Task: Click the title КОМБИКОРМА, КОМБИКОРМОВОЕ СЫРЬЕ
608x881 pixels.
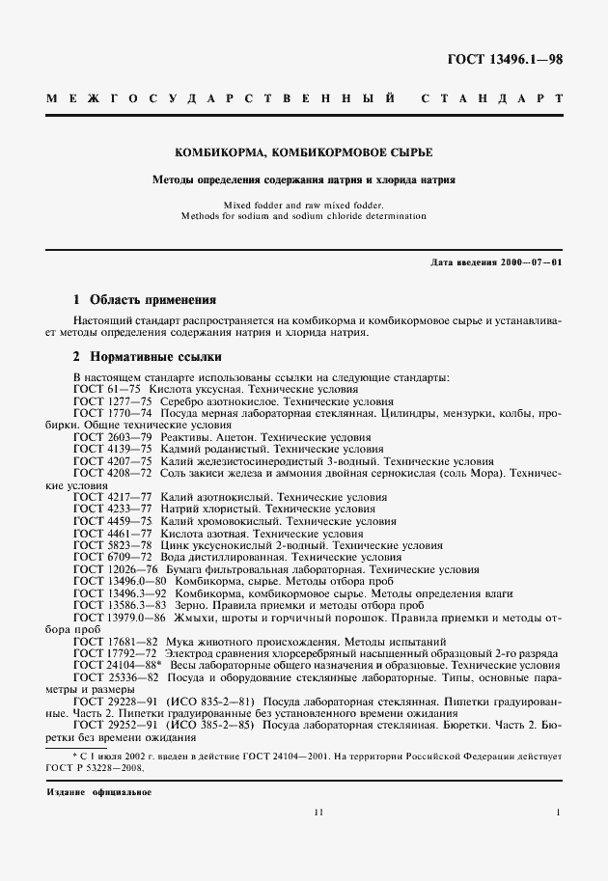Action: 303,153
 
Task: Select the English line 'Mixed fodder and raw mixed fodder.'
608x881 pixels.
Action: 303,206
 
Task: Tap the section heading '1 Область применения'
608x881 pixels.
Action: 145,300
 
